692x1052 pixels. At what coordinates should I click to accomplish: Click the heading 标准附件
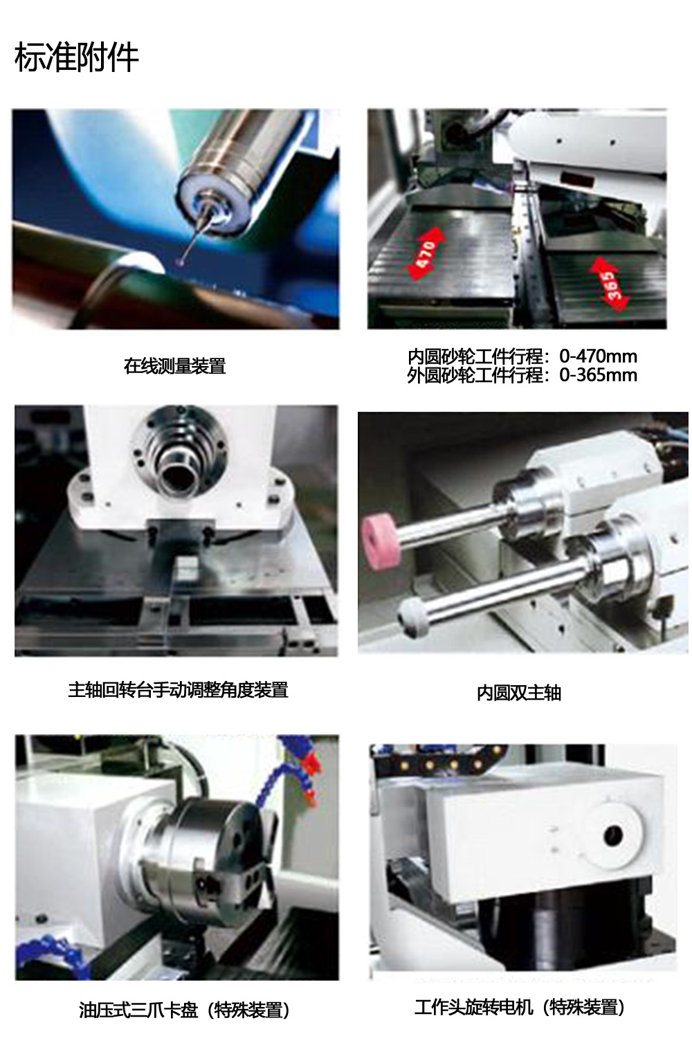77,57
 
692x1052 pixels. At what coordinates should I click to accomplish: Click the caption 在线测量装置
174,366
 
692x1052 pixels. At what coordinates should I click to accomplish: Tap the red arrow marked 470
426,253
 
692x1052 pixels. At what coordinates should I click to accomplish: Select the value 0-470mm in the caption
598,356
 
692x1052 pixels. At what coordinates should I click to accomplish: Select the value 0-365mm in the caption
598,375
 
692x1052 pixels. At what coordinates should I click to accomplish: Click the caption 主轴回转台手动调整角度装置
178,690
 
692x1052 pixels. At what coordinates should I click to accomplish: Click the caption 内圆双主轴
519,693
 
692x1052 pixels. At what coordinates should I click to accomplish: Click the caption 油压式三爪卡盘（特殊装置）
184,1010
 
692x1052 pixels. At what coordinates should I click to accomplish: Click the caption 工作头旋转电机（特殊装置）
520,1006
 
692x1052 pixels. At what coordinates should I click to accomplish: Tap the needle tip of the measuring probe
182,260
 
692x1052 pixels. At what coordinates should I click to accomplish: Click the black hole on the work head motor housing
613,835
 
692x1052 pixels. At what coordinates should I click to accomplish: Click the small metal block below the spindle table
186,568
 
